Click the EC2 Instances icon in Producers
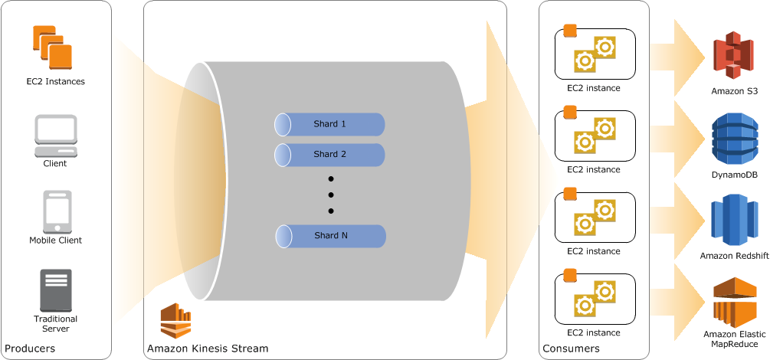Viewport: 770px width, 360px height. pyautogui.click(x=52, y=47)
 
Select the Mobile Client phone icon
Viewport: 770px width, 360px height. pyautogui.click(x=57, y=211)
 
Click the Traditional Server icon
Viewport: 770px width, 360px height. pyautogui.click(x=55, y=290)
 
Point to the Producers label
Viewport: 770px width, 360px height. pyautogui.click(x=30, y=349)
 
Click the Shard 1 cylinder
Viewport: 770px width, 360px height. pyautogui.click(x=329, y=124)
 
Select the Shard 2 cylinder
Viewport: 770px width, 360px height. pyautogui.click(x=329, y=155)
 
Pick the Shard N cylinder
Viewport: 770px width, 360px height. pyautogui.click(x=329, y=236)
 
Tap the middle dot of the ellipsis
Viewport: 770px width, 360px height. pyautogui.click(x=331, y=195)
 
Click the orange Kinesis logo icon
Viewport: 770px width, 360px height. pyautogui.click(x=175, y=321)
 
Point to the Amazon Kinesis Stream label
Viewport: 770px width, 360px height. pyautogui.click(x=208, y=349)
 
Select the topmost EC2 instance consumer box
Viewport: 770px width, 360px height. pyautogui.click(x=595, y=53)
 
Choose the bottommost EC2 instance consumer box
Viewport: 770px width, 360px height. pyautogui.click(x=595, y=298)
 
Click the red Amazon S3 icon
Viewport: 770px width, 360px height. pyautogui.click(x=734, y=55)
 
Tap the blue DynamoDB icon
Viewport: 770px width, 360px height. pyautogui.click(x=734, y=139)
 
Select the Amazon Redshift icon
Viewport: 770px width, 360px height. pyautogui.click(x=734, y=221)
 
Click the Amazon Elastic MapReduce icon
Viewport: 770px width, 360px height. pyautogui.click(x=734, y=302)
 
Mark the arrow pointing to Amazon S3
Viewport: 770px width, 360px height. pyautogui.click(x=679, y=57)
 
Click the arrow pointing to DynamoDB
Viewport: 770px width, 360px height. pyautogui.click(x=679, y=138)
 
